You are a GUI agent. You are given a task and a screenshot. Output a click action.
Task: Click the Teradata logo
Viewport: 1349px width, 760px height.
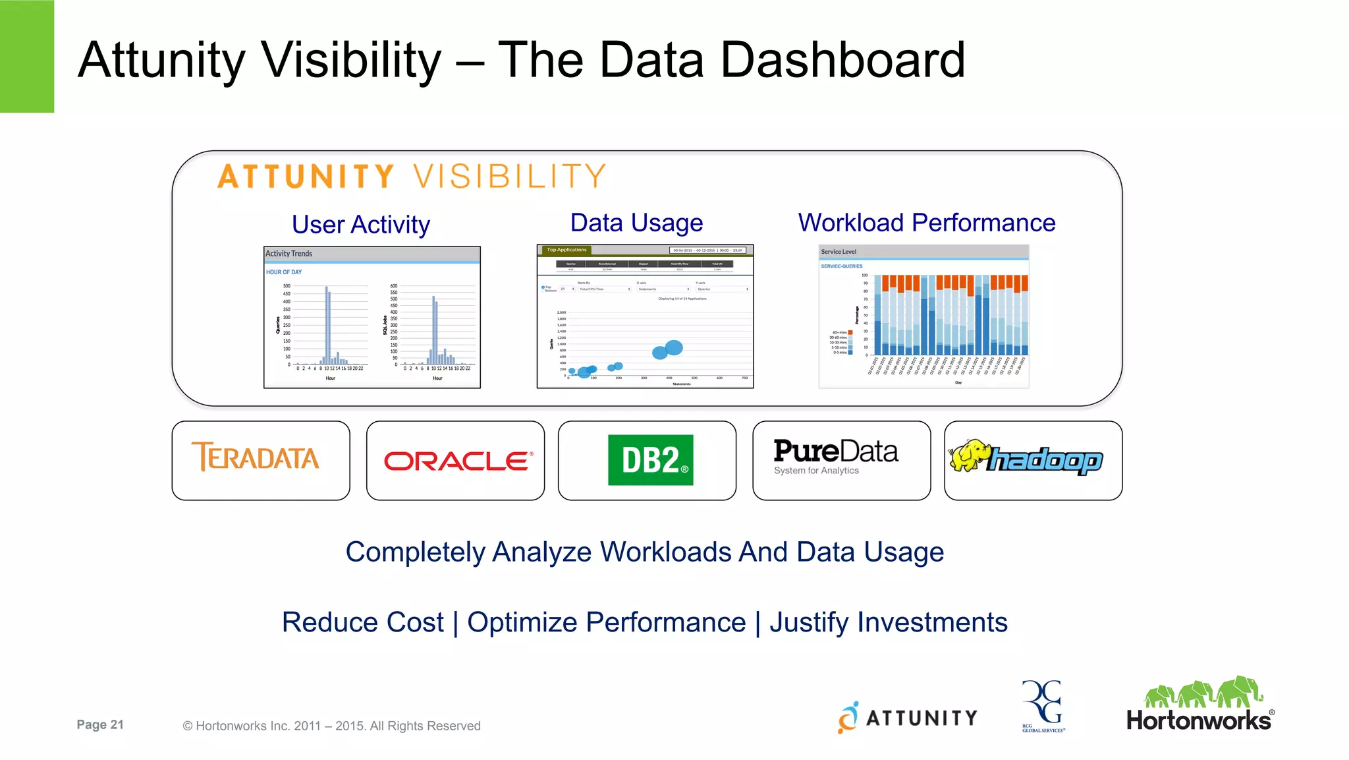[256, 457]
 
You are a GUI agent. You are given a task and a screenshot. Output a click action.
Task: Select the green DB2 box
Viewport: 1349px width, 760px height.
[650, 460]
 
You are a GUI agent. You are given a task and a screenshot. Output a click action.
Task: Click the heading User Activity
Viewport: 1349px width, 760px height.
[360, 225]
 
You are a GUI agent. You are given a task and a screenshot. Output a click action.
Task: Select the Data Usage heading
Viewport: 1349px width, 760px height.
[636, 223]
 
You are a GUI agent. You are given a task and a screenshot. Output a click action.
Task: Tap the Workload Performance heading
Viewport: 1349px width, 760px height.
[926, 223]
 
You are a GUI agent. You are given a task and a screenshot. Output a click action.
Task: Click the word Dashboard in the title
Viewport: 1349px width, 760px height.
[842, 60]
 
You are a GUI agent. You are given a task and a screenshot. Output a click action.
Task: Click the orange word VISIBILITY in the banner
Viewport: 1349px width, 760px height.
[509, 177]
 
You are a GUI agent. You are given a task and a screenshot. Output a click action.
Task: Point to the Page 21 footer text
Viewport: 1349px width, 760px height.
[100, 724]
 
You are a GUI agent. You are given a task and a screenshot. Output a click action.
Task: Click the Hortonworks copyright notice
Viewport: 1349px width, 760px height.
[331, 726]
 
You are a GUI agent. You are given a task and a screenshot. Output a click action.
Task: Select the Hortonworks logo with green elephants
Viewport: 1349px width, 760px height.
[1199, 705]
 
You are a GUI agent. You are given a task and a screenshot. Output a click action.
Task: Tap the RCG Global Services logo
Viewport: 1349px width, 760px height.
[1043, 706]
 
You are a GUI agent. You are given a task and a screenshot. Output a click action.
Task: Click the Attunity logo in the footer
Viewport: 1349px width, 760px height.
[908, 717]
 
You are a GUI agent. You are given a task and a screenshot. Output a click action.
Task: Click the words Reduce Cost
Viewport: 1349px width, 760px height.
[362, 622]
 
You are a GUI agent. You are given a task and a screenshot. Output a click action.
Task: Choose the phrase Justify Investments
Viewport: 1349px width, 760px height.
[888, 622]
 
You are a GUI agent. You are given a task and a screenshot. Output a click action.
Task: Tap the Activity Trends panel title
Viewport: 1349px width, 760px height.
[289, 254]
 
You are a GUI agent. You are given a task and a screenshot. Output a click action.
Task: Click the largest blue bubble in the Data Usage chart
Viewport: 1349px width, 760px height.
[674, 347]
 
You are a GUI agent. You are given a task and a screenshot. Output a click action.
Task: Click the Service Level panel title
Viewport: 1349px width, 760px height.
[838, 252]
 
